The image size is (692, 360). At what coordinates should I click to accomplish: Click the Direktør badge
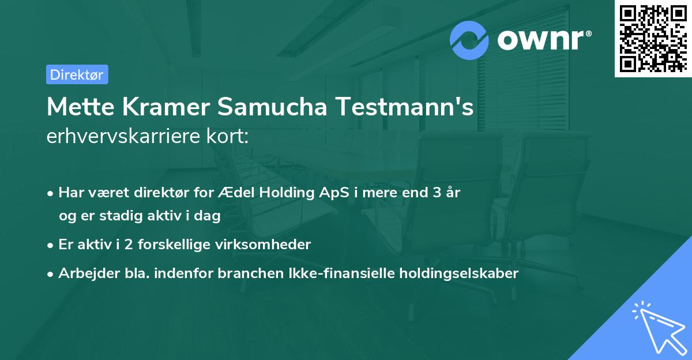[x=77, y=74]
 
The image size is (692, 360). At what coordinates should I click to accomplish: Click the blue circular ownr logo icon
[x=469, y=40]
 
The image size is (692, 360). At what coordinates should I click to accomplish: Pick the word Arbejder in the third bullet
[x=84, y=273]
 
